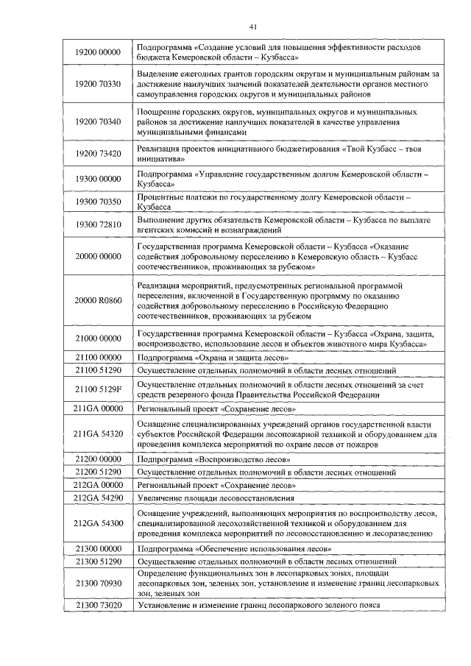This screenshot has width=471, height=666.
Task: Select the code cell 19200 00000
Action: [x=98, y=52]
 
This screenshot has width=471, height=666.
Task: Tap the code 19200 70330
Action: [x=98, y=85]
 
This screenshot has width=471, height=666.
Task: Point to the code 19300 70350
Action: [x=98, y=202]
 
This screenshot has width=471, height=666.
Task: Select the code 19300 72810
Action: [x=98, y=224]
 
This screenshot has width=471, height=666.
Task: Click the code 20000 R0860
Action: [x=98, y=300]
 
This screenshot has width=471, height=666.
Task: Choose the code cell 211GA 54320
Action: [x=98, y=434]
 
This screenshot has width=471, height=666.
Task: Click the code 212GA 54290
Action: [x=98, y=498]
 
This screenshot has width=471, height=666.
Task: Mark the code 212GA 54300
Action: [x=98, y=523]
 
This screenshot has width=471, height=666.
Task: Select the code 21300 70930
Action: [x=98, y=583]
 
